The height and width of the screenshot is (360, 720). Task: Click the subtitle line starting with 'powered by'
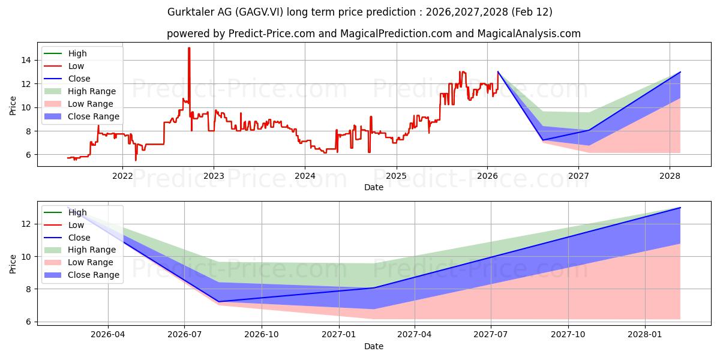point(373,34)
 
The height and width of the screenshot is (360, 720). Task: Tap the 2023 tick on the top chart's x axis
point(214,176)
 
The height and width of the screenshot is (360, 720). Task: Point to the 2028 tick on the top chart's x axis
point(670,176)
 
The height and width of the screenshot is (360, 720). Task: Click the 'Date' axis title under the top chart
point(373,187)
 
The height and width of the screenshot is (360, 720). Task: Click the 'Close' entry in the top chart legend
point(79,79)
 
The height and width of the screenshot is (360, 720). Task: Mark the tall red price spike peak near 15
point(189,48)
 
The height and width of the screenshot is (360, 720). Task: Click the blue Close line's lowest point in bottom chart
point(219,301)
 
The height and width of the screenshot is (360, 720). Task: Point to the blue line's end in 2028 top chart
point(680,72)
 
